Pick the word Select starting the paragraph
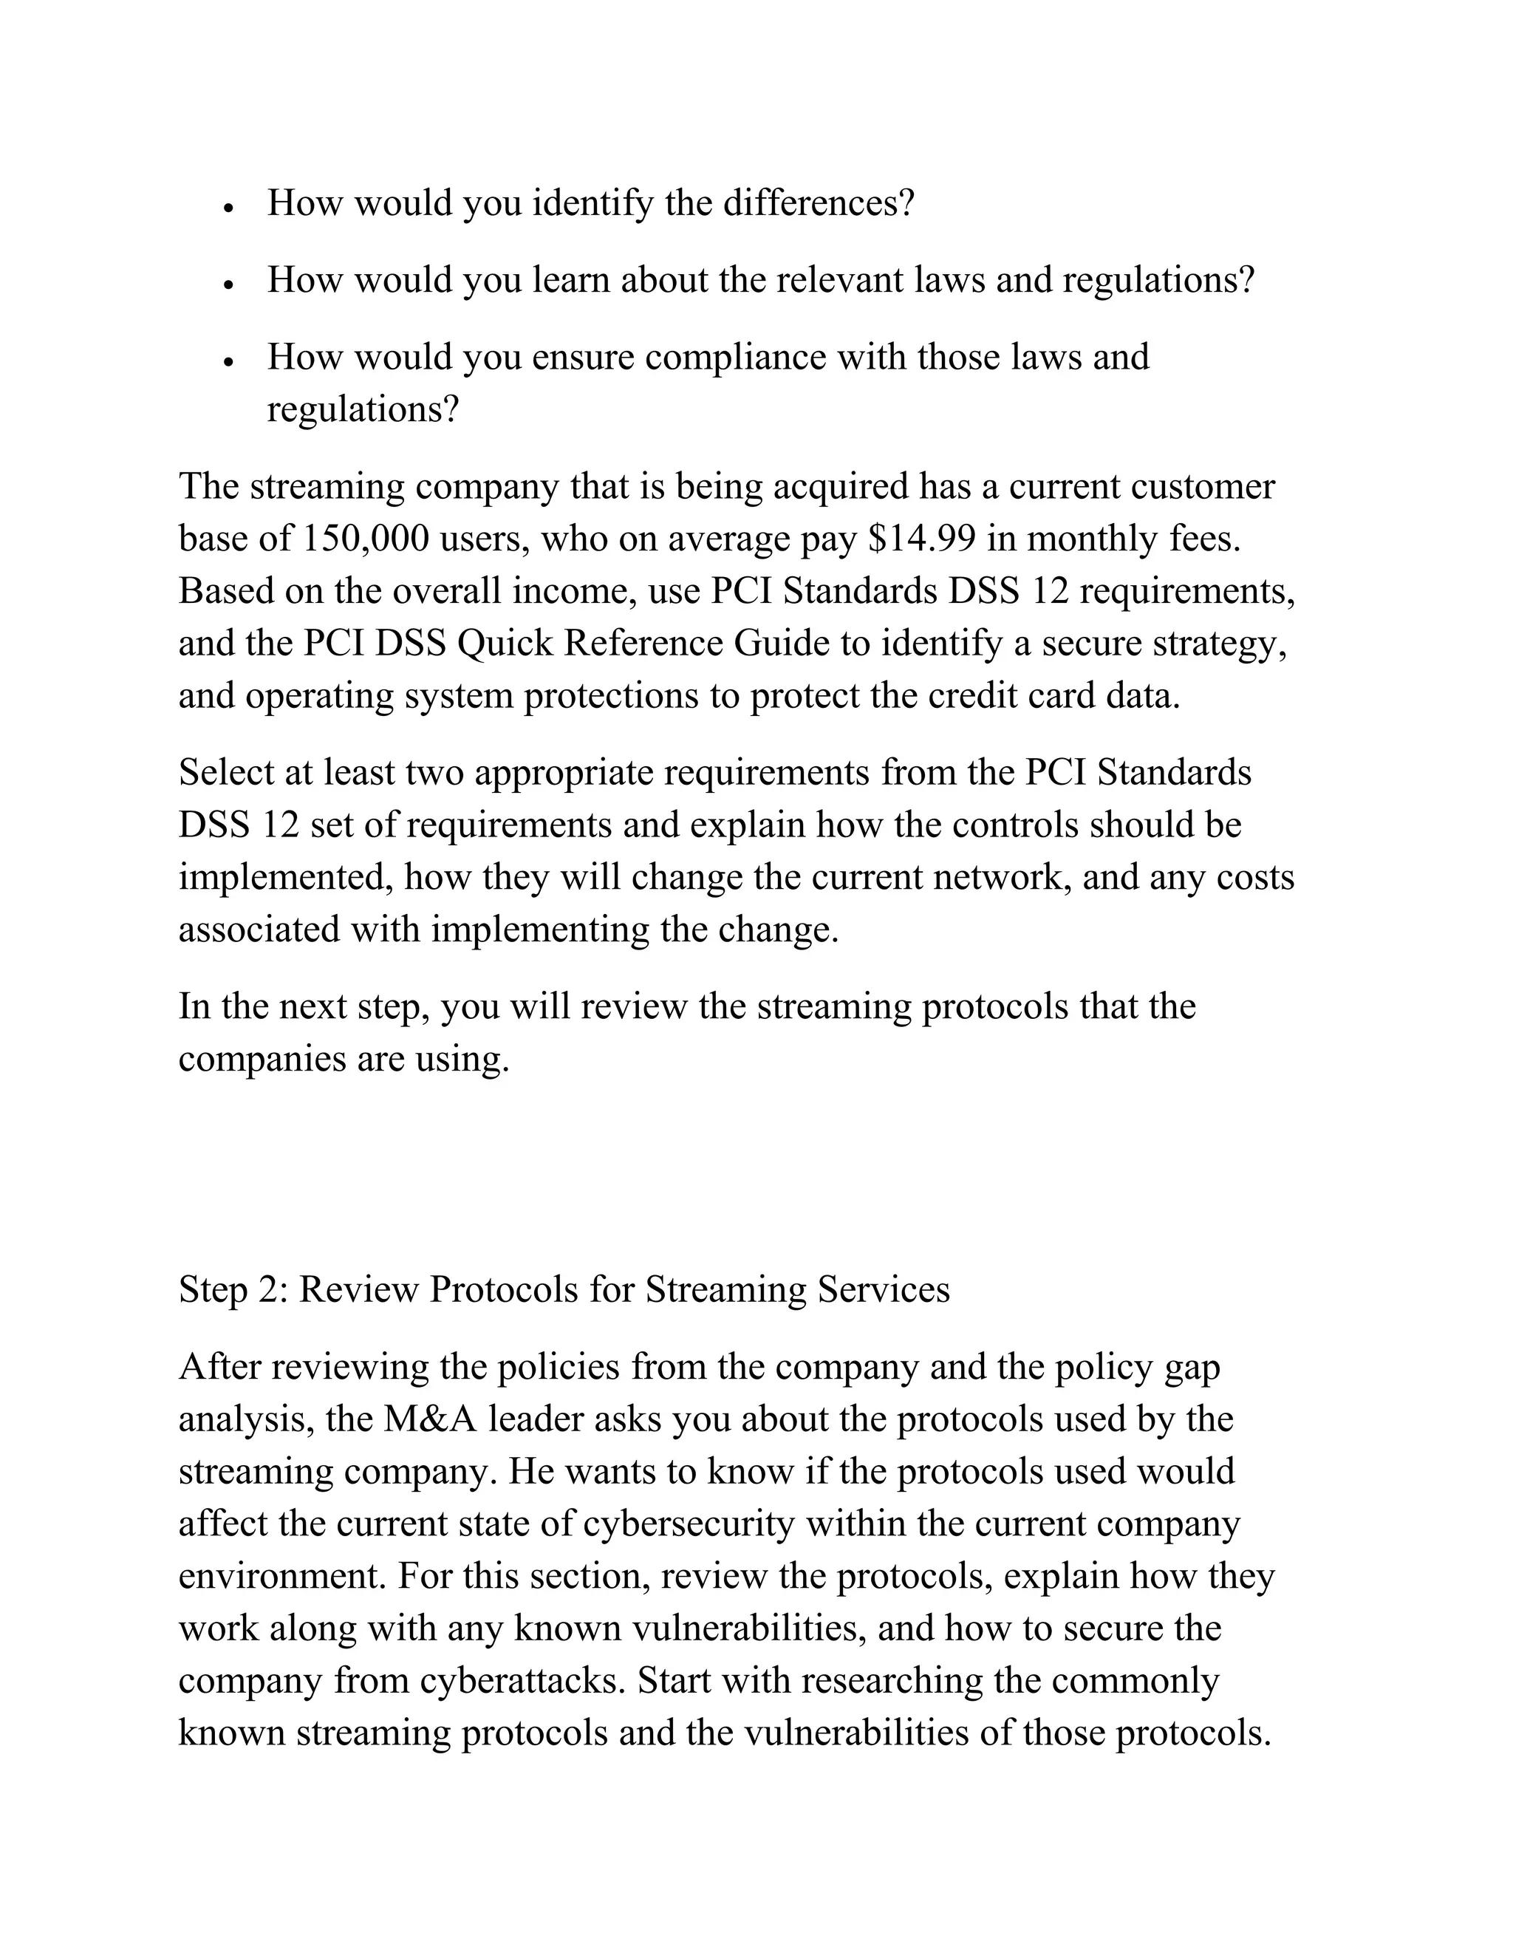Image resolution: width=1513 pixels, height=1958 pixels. point(226,773)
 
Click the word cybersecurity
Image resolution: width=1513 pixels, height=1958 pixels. point(689,1524)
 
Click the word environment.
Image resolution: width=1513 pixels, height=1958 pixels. point(282,1576)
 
